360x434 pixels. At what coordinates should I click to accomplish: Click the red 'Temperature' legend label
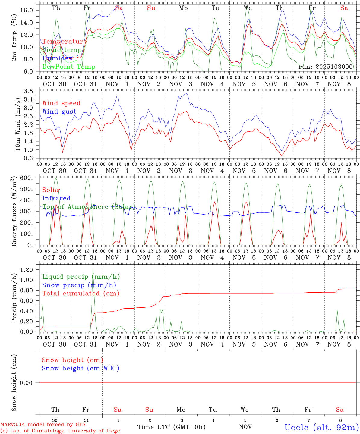[x=65, y=42]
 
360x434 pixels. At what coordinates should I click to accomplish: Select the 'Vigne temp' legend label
[x=62, y=50]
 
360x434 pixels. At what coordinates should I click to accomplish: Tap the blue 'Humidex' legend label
[x=57, y=58]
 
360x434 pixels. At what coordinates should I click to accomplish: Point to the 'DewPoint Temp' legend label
[x=69, y=67]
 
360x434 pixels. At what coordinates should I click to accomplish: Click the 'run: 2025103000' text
[x=325, y=67]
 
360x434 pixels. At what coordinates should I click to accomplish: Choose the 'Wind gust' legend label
[x=59, y=112]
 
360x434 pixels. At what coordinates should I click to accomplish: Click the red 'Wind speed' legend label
[x=62, y=103]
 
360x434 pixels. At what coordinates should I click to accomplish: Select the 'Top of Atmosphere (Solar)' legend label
[x=88, y=207]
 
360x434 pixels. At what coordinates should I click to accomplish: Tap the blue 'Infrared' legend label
[x=56, y=198]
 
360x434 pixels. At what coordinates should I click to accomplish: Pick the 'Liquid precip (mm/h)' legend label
[x=81, y=277]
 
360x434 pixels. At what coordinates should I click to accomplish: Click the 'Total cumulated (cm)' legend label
[x=81, y=294]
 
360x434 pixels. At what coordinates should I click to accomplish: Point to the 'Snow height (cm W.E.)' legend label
[x=81, y=368]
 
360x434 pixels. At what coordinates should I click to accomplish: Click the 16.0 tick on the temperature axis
[x=26, y=10]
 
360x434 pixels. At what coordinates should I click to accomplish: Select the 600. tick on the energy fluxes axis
[x=27, y=178]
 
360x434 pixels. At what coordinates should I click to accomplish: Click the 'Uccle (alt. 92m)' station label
[x=321, y=427]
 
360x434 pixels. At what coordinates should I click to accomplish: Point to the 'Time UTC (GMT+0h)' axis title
[x=171, y=427]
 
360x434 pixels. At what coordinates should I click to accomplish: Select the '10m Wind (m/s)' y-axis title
[x=17, y=124]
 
